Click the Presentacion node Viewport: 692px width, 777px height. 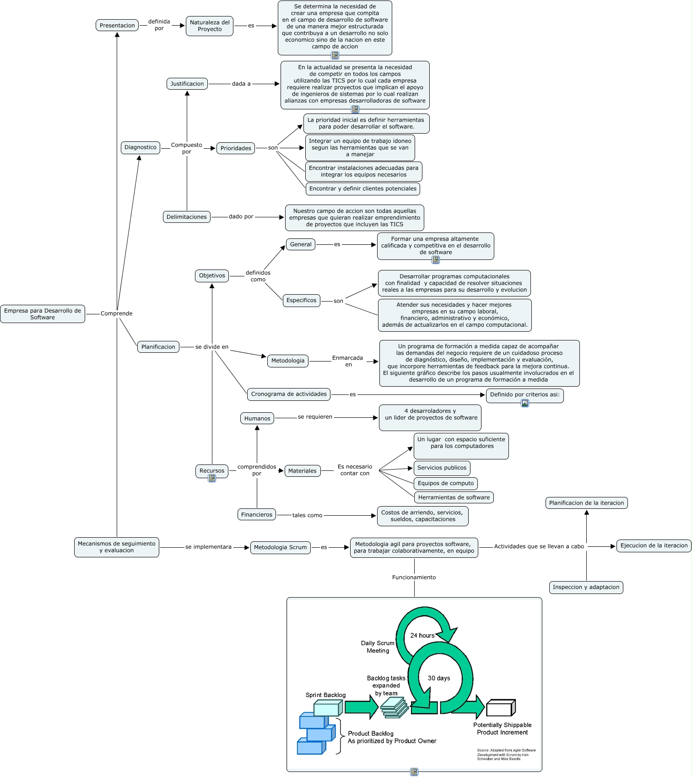point(117,26)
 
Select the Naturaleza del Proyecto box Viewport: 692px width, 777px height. point(210,26)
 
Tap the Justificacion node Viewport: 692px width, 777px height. point(187,84)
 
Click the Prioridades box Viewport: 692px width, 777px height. point(236,148)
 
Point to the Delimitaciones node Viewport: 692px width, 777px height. point(187,217)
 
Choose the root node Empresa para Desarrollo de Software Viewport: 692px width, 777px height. point(43,314)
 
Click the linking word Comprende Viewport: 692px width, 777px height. point(116,313)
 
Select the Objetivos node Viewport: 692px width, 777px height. point(212,275)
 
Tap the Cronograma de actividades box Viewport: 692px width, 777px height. point(289,394)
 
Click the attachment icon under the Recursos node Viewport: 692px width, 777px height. point(212,478)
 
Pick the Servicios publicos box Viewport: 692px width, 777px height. point(442,468)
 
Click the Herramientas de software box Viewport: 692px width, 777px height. point(454,497)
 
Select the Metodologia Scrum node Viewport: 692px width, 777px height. point(280,547)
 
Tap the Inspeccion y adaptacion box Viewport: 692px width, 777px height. point(586,587)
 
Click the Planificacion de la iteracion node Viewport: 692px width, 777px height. point(586,503)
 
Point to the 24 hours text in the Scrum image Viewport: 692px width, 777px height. point(422,636)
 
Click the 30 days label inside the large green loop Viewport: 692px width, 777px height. point(439,678)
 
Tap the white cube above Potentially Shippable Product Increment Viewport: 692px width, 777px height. point(500,708)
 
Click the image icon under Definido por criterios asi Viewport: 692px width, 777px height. point(525,403)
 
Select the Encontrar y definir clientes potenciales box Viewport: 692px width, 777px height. point(362,189)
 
